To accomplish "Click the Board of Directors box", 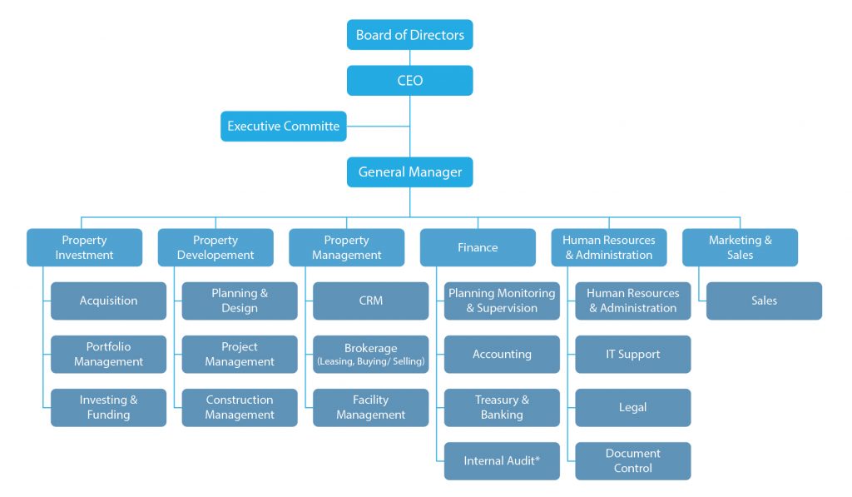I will pyautogui.click(x=409, y=35).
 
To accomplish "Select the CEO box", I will pyautogui.click(x=409, y=81).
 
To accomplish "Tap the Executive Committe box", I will pyautogui.click(x=283, y=127).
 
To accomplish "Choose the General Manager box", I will pyautogui.click(x=409, y=172).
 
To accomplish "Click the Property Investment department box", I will pyautogui.click(x=84, y=247).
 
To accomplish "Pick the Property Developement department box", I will pyautogui.click(x=215, y=247).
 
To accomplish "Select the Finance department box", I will pyautogui.click(x=478, y=247).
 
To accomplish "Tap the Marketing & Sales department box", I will pyautogui.click(x=740, y=247).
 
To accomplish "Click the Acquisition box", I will pyautogui.click(x=108, y=301).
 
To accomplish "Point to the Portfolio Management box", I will pyautogui.click(x=108, y=354).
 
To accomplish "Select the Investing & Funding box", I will pyautogui.click(x=108, y=407).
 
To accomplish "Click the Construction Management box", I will pyautogui.click(x=240, y=407).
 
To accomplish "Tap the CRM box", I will pyautogui.click(x=370, y=301).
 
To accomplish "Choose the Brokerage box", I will pyautogui.click(x=370, y=354).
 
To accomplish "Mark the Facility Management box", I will pyautogui.click(x=370, y=407).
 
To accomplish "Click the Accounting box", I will pyautogui.click(x=502, y=354).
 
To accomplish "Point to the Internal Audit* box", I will pyautogui.click(x=502, y=460).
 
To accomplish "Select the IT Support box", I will pyautogui.click(x=632, y=354).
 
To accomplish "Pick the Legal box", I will pyautogui.click(x=632, y=407).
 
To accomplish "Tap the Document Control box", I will pyautogui.click(x=632, y=460).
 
